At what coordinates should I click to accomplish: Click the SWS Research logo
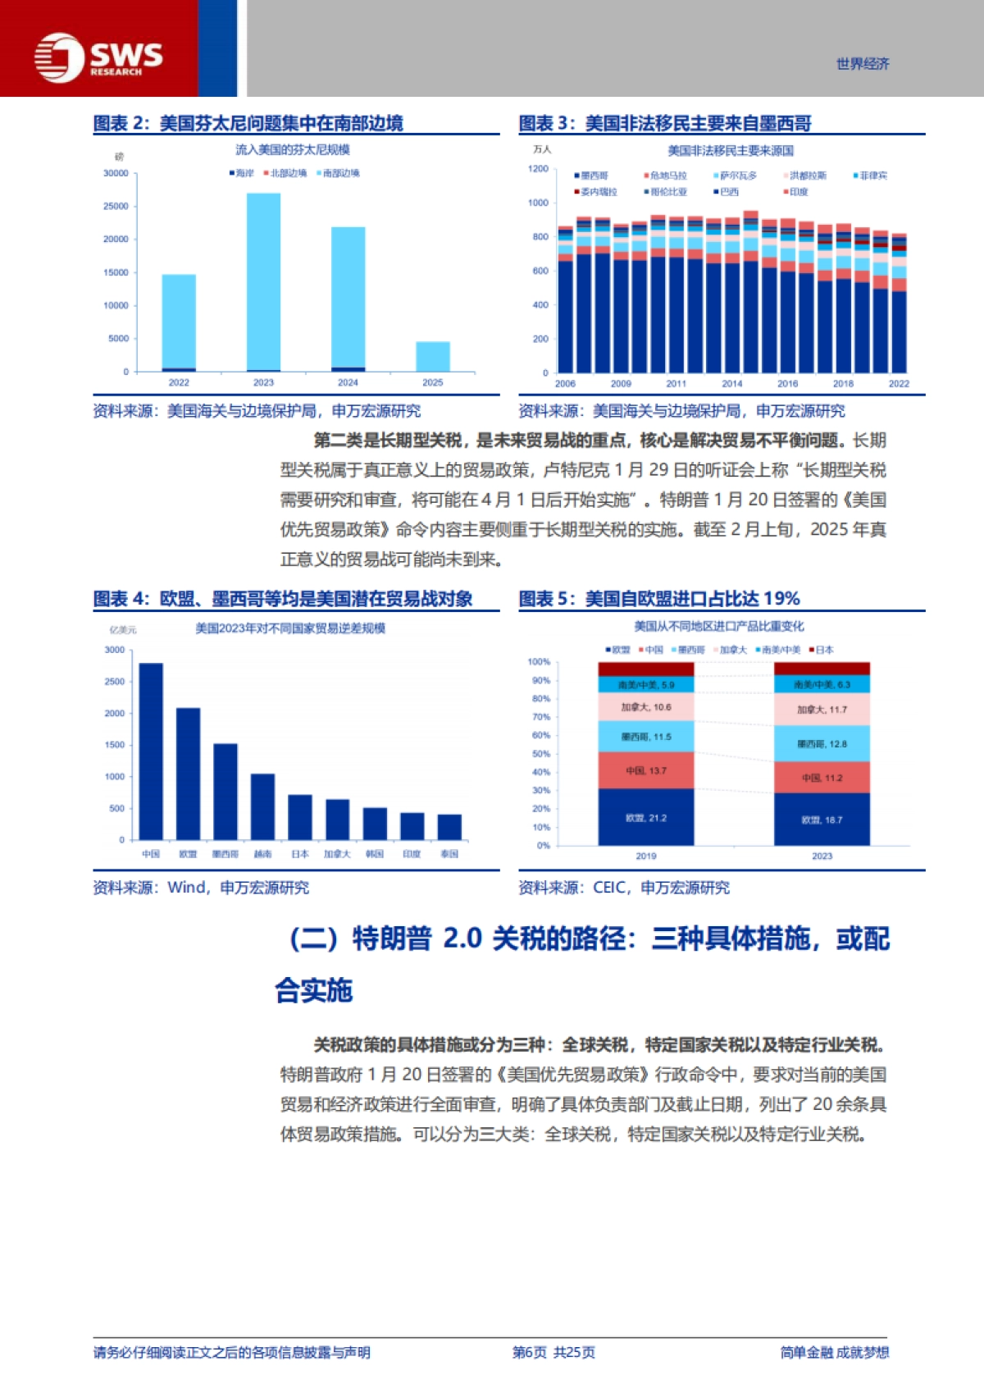98,57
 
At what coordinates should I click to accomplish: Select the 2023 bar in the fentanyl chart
263,282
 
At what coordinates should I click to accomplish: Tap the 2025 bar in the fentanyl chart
432,356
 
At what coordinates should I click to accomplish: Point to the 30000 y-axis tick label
116,173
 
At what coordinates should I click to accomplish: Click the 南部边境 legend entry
340,173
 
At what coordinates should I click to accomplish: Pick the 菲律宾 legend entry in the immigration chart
872,176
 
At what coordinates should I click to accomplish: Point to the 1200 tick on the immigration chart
538,169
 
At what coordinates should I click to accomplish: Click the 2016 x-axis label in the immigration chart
787,383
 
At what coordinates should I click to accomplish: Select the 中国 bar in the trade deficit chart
151,751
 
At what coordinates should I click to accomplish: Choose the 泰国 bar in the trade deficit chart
449,826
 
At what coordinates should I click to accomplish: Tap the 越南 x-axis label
262,854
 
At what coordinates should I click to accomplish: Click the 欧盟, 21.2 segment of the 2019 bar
646,817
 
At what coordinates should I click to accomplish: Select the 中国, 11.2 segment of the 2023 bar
822,777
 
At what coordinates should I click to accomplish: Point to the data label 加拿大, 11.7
822,710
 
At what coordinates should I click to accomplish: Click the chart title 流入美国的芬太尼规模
293,149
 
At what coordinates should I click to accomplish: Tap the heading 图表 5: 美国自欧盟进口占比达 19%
659,599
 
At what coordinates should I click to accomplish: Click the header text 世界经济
863,64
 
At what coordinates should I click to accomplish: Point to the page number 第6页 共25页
553,1352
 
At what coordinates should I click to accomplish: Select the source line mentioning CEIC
624,887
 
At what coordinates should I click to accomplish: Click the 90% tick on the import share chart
540,680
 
